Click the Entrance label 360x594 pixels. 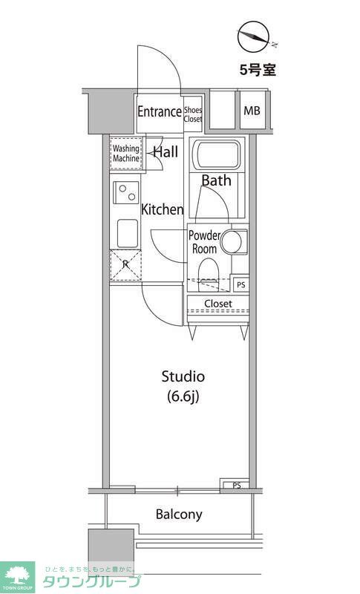click(159, 112)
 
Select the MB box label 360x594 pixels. click(252, 112)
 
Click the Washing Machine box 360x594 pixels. click(125, 154)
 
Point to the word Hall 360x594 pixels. click(165, 152)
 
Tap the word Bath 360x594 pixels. click(216, 180)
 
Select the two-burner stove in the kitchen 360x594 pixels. click(126, 193)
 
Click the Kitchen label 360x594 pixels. click(163, 209)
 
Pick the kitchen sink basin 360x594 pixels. click(126, 234)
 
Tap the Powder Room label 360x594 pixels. click(204, 243)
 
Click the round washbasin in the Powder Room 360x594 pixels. click(234, 241)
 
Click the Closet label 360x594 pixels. click(218, 304)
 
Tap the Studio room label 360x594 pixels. click(183, 376)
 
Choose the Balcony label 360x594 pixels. click(178, 514)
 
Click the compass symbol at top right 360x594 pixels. click(253, 37)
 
